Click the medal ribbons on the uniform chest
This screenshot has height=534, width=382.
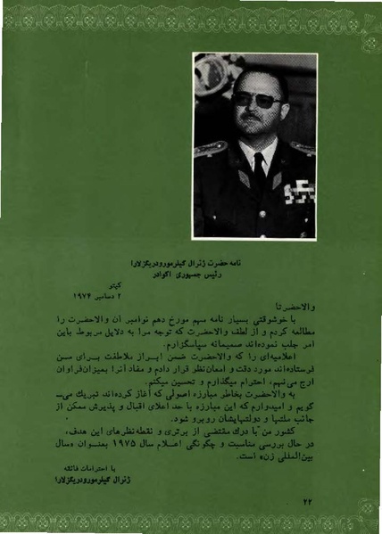tap(290, 190)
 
